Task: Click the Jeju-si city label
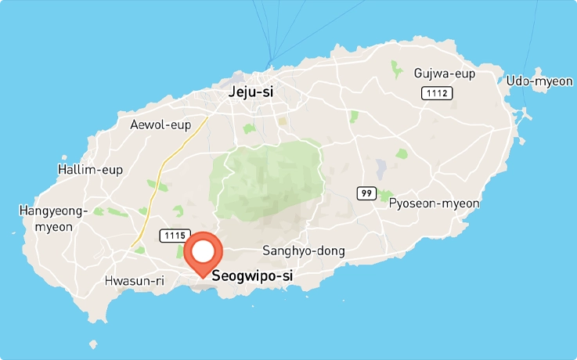click(x=251, y=92)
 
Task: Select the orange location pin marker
click(x=203, y=254)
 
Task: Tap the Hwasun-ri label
click(x=133, y=281)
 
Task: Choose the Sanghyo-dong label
click(x=303, y=250)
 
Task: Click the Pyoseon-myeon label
click(x=434, y=203)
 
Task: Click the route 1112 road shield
click(x=436, y=94)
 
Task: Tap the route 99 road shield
click(x=366, y=193)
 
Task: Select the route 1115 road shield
click(x=174, y=235)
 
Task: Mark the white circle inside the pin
click(x=203, y=251)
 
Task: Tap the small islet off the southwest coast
click(x=94, y=344)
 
